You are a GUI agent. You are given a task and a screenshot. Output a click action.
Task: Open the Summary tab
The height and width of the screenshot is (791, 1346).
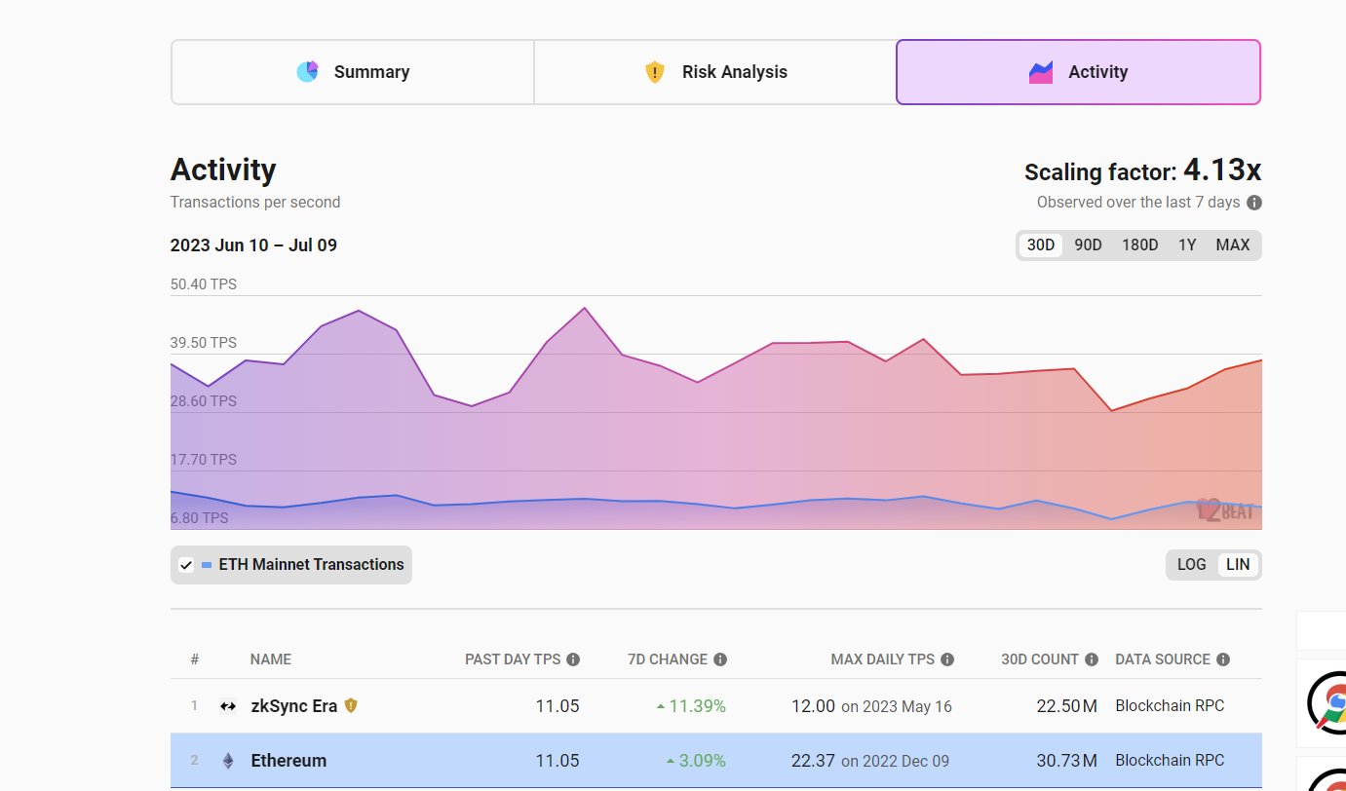[x=353, y=72]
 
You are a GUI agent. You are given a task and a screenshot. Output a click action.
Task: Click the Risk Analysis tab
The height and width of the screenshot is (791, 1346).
[x=715, y=72]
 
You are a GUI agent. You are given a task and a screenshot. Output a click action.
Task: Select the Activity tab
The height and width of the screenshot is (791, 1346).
[x=1078, y=72]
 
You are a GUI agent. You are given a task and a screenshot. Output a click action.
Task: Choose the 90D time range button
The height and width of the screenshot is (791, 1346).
[x=1088, y=245]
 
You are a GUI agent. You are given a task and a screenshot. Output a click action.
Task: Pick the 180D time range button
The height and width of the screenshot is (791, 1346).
[x=1139, y=245]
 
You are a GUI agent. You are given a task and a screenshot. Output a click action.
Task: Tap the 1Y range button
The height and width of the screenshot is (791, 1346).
[x=1186, y=245]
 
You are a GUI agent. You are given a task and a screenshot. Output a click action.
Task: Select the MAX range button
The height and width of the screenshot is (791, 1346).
[x=1232, y=245]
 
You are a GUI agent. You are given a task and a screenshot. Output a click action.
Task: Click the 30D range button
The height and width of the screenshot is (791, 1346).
[x=1041, y=245]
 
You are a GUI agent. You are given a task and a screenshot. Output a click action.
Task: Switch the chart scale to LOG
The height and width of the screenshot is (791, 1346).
[x=1191, y=565]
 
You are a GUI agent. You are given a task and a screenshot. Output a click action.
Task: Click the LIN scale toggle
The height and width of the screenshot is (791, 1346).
[x=1237, y=565]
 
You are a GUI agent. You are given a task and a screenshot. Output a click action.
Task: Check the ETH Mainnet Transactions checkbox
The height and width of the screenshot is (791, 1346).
[x=186, y=565]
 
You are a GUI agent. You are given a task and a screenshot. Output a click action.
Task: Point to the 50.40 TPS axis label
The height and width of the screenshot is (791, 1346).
[x=204, y=284]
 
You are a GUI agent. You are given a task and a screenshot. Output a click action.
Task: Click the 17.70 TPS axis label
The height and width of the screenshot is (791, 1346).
[x=204, y=460]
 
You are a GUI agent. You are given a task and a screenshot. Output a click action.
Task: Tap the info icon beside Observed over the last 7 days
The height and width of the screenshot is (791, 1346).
[x=1254, y=203]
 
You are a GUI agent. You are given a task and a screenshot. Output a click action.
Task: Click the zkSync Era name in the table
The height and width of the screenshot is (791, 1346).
[x=293, y=706]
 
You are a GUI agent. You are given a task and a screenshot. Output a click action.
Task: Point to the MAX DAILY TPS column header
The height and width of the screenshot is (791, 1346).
[x=882, y=659]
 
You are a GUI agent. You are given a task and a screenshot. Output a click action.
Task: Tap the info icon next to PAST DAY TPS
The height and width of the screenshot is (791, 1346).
[x=573, y=659]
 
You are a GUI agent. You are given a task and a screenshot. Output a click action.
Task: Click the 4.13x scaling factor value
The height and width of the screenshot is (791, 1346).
[x=1222, y=170]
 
